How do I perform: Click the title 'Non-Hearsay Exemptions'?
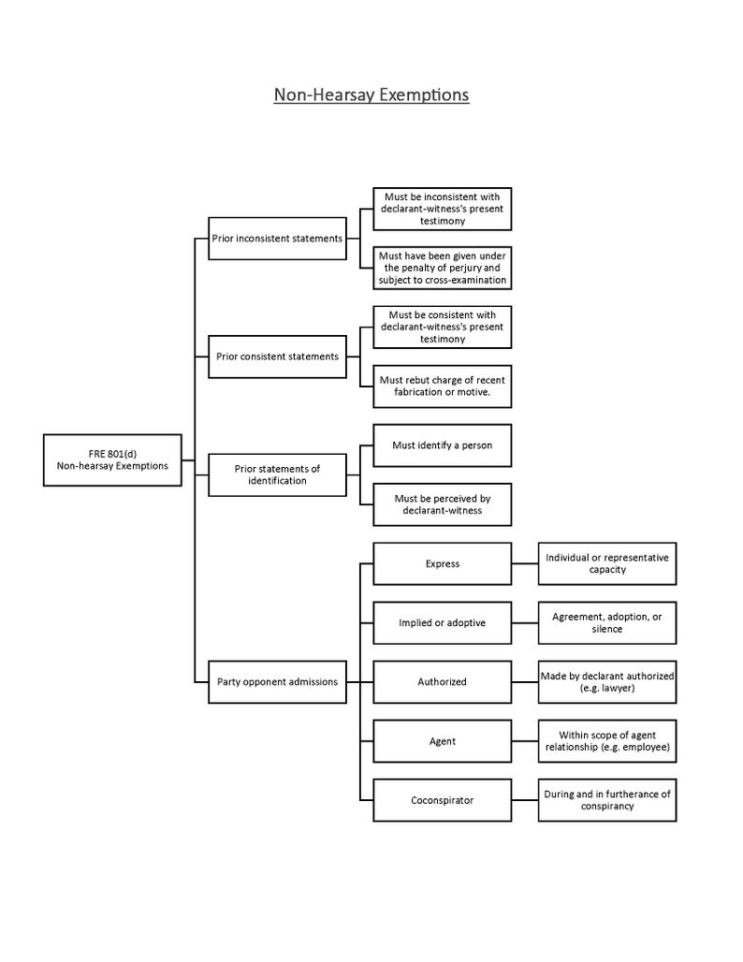click(x=371, y=95)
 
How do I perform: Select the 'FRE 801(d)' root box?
click(x=112, y=459)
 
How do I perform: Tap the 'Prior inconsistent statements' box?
click(x=277, y=239)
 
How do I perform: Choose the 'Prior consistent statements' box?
click(x=277, y=357)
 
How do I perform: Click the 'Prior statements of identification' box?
click(x=277, y=474)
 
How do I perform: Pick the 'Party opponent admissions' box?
click(x=277, y=682)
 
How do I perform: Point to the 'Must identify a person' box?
click(x=442, y=445)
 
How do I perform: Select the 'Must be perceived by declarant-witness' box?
click(x=442, y=504)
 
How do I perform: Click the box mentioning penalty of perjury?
click(x=442, y=268)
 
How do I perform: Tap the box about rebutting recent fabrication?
click(x=442, y=386)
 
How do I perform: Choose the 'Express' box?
click(x=442, y=564)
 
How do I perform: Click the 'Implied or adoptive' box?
click(x=442, y=623)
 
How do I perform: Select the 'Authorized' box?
click(x=442, y=682)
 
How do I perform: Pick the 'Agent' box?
click(x=442, y=741)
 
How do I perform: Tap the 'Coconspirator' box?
click(x=442, y=800)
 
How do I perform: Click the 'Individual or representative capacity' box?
click(x=607, y=563)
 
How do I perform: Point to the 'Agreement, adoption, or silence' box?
click(x=607, y=623)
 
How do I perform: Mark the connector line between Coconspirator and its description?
click(x=525, y=800)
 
